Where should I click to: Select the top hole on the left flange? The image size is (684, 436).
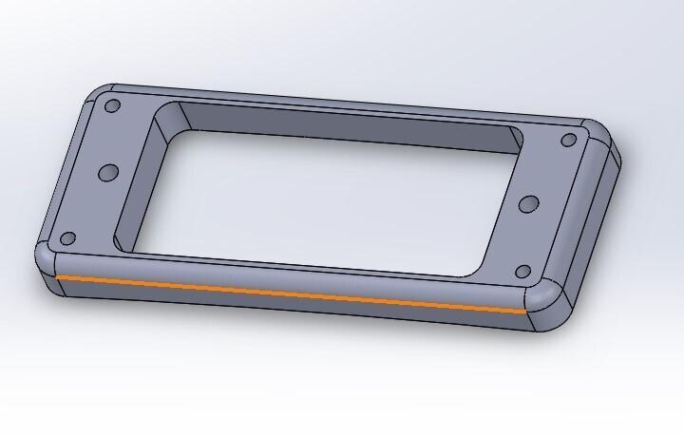[x=112, y=105]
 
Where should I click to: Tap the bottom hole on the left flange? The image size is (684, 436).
[x=67, y=238]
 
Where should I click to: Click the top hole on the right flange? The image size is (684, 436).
[x=568, y=141]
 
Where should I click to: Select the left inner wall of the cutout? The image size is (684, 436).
[x=138, y=180]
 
